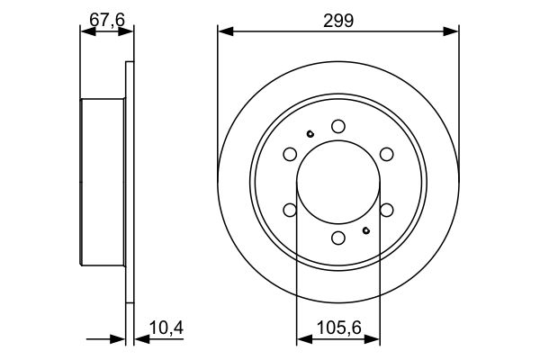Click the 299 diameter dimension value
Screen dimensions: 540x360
click(x=338, y=21)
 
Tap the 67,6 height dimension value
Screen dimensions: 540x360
click(x=107, y=20)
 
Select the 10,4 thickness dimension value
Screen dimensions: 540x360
click(x=166, y=328)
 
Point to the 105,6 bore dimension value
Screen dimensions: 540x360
click(x=339, y=328)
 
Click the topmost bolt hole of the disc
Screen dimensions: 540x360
click(x=338, y=126)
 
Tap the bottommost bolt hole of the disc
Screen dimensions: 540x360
click(x=338, y=238)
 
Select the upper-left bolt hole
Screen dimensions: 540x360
click(x=290, y=154)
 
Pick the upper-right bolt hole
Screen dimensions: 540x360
click(x=387, y=154)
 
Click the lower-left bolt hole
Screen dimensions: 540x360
click(x=290, y=210)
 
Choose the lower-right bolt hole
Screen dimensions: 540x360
click(x=387, y=210)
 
